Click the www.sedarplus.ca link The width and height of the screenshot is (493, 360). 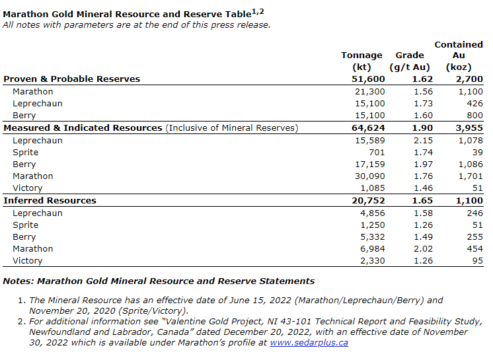click(309, 342)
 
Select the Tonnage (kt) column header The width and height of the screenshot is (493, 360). click(361, 61)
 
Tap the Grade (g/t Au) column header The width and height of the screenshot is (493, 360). click(409, 61)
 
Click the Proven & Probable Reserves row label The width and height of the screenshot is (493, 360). click(72, 79)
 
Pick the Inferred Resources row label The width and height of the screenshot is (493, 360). click(50, 200)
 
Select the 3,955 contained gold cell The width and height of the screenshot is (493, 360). click(469, 127)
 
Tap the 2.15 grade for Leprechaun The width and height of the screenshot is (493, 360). click(423, 140)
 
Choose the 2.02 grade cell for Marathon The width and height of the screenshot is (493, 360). click(423, 248)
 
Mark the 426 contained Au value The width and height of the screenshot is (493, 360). click(474, 103)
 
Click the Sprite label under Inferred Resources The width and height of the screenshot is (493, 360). click(26, 225)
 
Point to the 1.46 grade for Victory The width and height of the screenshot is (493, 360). click(423, 188)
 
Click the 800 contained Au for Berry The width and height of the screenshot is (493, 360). click(474, 115)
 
